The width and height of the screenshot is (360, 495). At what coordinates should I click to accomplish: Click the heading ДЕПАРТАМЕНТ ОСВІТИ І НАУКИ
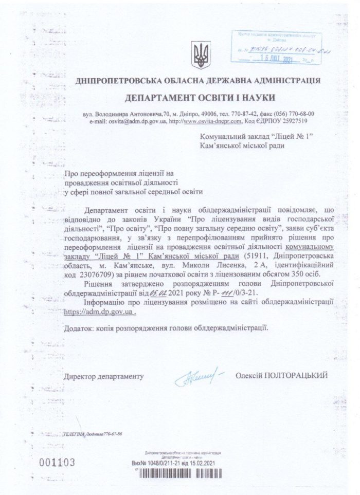[200, 97]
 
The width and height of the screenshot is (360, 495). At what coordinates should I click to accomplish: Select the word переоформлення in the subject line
[105, 173]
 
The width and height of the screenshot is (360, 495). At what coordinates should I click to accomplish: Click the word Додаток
[79, 327]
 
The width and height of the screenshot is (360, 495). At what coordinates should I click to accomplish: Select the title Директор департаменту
[102, 377]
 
